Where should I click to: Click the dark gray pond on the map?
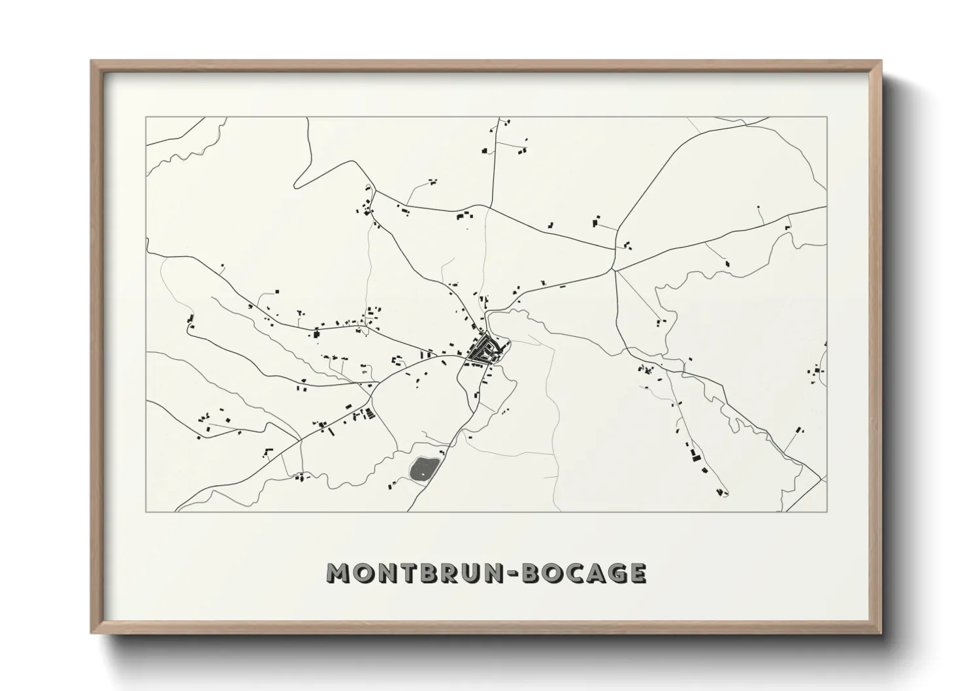click(423, 468)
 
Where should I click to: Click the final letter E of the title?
click(637, 572)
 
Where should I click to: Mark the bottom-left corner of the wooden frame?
click(92, 633)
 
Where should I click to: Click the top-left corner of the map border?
click(146, 117)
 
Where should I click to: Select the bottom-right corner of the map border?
click(827, 511)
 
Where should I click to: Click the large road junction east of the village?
click(614, 269)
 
